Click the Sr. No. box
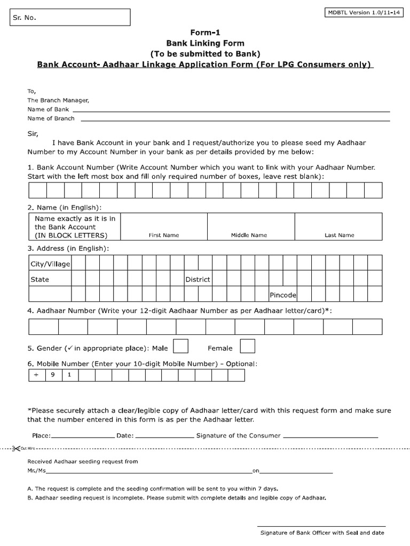(x=68, y=18)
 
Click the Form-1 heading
(x=206, y=33)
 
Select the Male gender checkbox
(x=181, y=346)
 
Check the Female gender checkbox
(x=247, y=346)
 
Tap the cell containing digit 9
(x=53, y=375)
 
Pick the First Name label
(x=163, y=235)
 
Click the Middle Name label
(x=249, y=235)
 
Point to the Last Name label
(x=339, y=235)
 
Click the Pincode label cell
(x=283, y=295)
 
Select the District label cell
(x=198, y=279)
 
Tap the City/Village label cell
(x=50, y=264)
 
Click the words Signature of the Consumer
(x=238, y=436)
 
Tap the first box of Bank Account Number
(x=37, y=190)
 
